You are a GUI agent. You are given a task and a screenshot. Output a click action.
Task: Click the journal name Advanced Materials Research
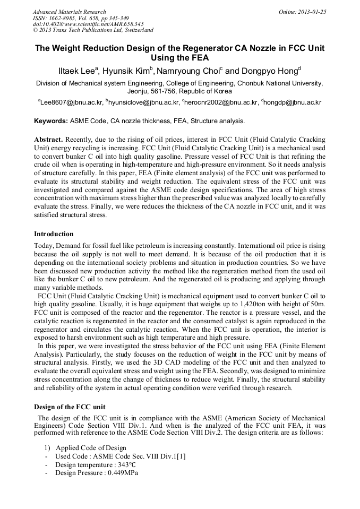tap(69, 12)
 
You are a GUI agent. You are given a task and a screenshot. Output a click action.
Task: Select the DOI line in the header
tap(88, 24)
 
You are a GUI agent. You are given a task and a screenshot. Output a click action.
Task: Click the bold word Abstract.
tap(48, 139)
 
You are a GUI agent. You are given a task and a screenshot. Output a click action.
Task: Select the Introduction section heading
tap(54, 234)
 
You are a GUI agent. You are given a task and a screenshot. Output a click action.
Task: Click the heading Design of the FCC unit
tap(66, 407)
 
